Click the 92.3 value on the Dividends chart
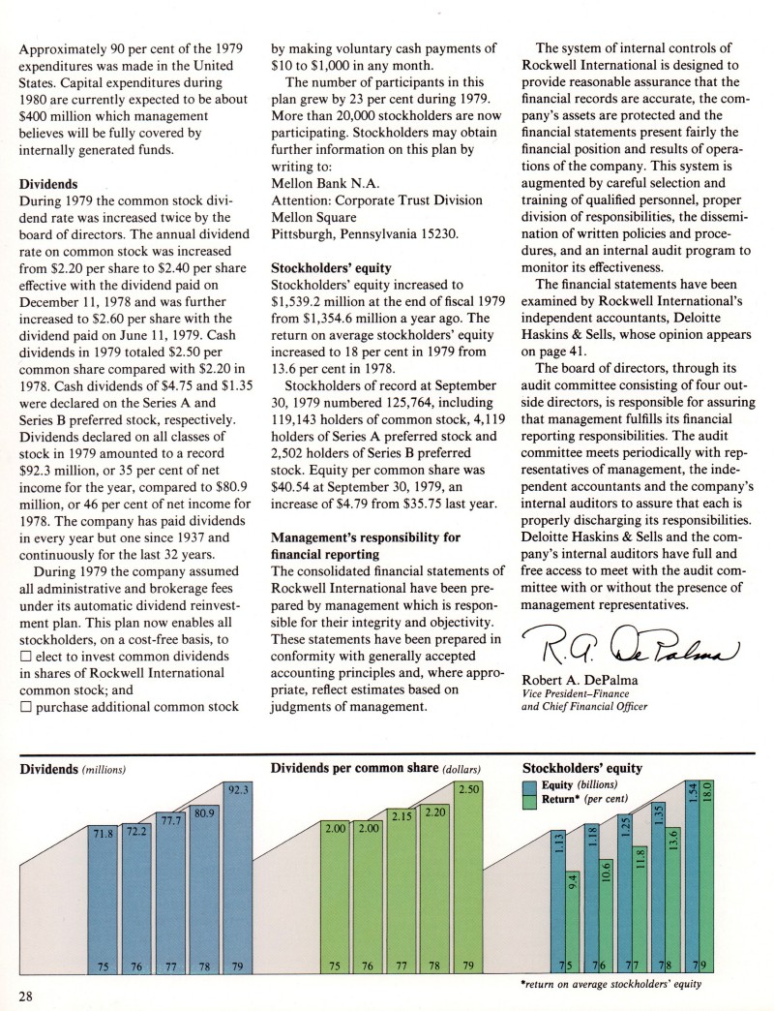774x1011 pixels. point(237,790)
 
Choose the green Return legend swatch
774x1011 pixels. point(531,802)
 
